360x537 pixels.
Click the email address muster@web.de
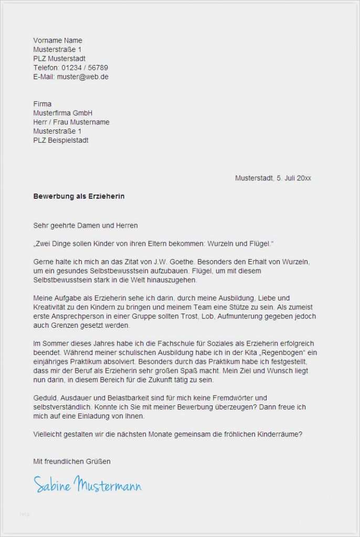tap(83, 77)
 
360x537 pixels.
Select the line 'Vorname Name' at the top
tap(58, 40)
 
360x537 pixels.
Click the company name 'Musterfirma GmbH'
tap(62, 113)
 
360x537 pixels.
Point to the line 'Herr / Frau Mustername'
tap(71, 122)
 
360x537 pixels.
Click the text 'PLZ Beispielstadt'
tap(61, 140)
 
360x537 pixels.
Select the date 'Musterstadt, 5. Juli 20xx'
tap(273, 178)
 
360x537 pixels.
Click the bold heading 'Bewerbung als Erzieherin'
tap(79, 197)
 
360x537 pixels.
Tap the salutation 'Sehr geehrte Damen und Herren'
tap(86, 225)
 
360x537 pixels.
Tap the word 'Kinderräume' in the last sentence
tap(279, 434)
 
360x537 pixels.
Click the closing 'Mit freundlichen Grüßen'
tap(72, 461)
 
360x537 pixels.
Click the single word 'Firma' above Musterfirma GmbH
tap(43, 104)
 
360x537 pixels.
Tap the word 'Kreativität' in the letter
tap(51, 307)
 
